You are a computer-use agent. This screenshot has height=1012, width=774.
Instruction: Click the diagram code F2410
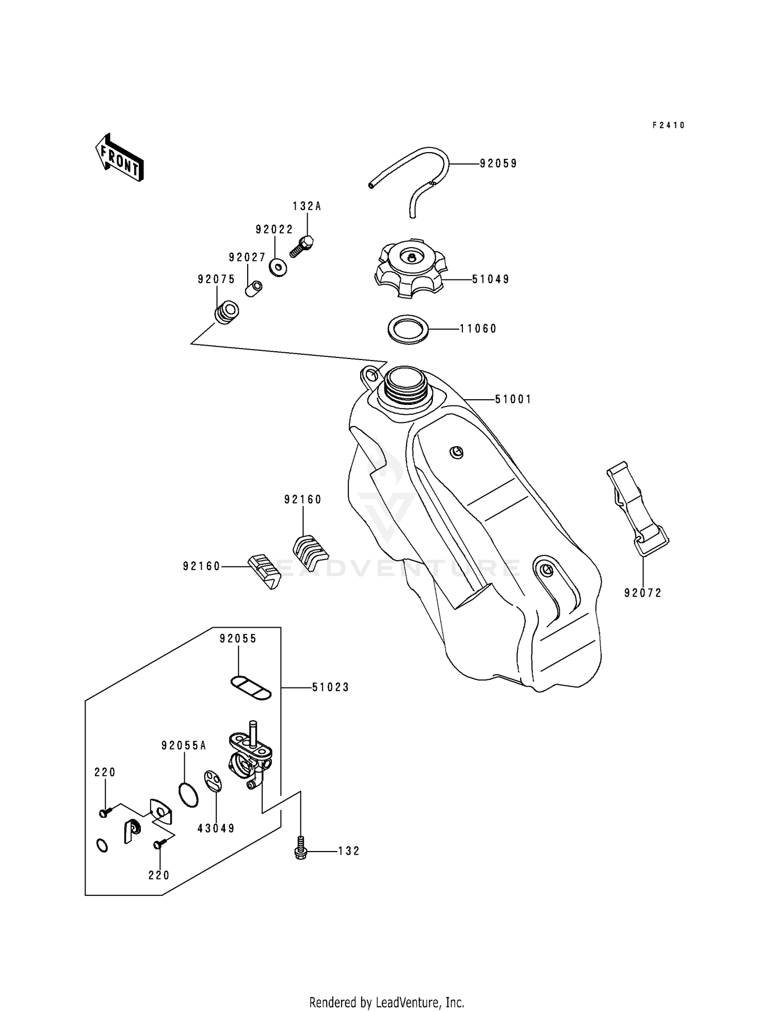click(668, 125)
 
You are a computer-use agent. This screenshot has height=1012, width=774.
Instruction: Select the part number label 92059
click(498, 164)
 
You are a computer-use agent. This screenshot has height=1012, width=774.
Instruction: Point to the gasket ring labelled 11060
click(408, 328)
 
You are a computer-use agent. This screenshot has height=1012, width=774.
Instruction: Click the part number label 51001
click(513, 399)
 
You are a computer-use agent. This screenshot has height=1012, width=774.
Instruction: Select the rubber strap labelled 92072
click(636, 509)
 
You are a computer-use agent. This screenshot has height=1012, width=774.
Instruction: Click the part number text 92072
click(642, 593)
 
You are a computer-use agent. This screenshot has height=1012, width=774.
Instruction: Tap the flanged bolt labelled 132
click(299, 851)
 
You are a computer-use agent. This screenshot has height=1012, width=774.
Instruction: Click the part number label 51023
click(330, 687)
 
